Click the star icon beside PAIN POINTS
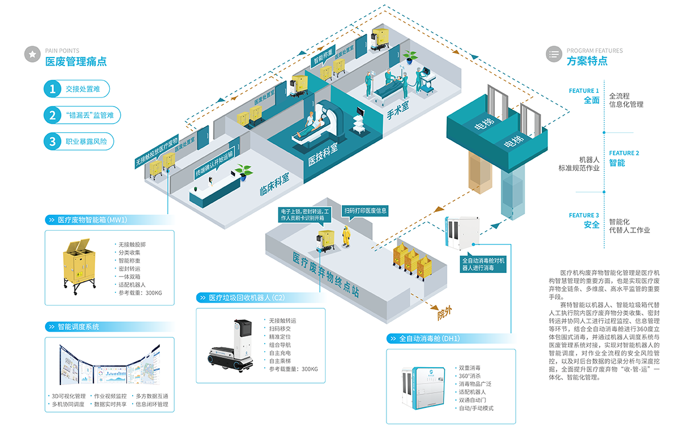[x=32, y=54]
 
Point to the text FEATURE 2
[x=624, y=153]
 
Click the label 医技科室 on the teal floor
[x=323, y=154]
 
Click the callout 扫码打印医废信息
[x=365, y=210]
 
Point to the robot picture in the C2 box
[x=228, y=348]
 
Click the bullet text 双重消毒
[x=470, y=368]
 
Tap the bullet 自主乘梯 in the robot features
[x=279, y=361]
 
